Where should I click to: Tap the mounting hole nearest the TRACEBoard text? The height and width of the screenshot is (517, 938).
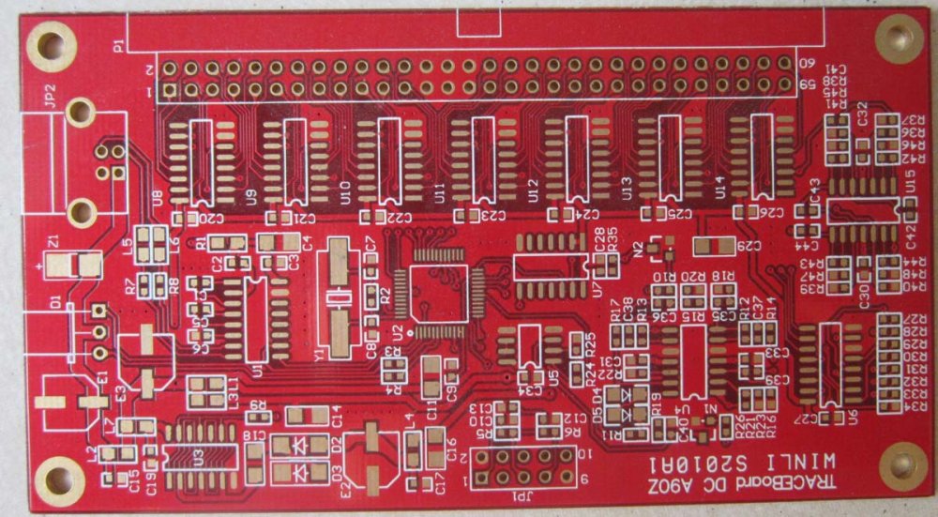click(x=901, y=463)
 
